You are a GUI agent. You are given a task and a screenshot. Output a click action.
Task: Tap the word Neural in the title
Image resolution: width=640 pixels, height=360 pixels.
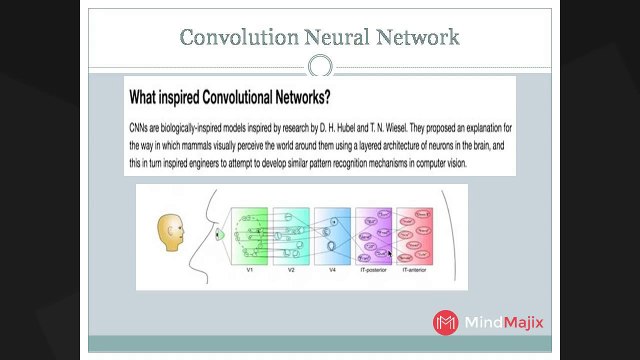334,38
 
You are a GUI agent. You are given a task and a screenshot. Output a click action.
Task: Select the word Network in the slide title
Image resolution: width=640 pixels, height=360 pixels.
419,38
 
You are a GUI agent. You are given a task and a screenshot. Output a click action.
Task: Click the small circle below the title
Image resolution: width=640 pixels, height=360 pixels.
320,67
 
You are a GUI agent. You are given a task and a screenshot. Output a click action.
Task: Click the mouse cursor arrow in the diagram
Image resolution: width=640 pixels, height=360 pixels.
389,254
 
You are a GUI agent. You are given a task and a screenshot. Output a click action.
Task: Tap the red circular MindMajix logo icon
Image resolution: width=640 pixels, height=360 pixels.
445,322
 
